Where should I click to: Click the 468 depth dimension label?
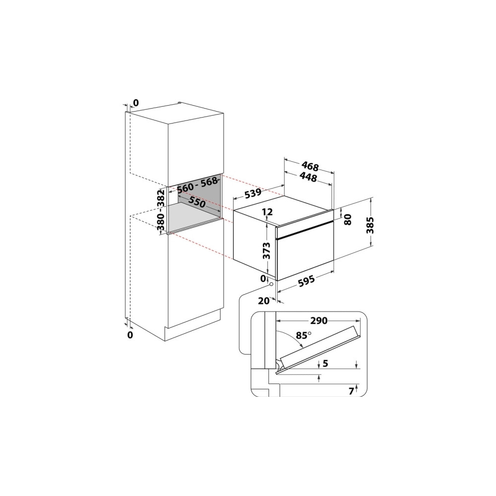[x=310, y=166]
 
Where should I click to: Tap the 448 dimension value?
[x=308, y=178]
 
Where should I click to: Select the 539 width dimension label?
[x=252, y=193]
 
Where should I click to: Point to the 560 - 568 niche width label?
[x=198, y=185]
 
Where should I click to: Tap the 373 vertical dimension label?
[x=267, y=250]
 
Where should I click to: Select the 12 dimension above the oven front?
[x=267, y=211]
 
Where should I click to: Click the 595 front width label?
[x=306, y=281]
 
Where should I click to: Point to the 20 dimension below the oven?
[x=263, y=301]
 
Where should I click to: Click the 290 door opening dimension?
[x=318, y=321]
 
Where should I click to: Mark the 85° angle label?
[x=304, y=335]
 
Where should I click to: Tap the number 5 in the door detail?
[x=326, y=364]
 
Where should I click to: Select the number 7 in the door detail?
[x=351, y=391]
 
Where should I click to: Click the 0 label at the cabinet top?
[x=136, y=103]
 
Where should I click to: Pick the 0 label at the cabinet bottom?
[x=130, y=335]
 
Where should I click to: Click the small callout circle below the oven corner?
[x=271, y=284]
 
